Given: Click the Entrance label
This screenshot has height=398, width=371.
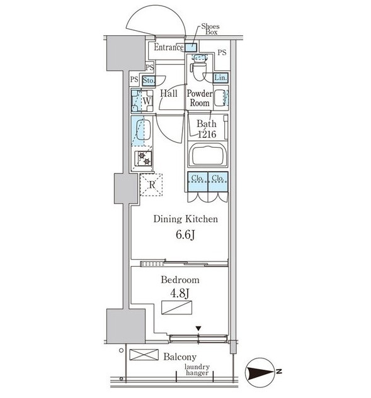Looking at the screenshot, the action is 169,47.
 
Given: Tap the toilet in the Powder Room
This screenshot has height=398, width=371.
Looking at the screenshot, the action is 199,67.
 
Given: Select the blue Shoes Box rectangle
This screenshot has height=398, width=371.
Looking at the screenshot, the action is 190,47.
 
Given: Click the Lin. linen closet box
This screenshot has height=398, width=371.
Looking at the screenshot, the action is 220,78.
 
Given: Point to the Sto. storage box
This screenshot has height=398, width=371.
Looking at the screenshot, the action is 149,80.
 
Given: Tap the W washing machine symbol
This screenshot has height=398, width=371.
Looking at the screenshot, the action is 142,101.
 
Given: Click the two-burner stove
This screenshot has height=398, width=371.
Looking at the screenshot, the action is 144,158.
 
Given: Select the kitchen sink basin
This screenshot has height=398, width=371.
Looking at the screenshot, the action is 144,130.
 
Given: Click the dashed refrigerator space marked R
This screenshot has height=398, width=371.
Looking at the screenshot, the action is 151,184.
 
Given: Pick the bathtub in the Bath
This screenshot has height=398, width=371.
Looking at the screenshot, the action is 208,155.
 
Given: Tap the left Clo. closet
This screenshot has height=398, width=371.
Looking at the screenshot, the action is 198,182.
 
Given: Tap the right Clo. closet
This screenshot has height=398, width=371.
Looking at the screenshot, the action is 218,182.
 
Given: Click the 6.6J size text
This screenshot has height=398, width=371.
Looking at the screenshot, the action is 185,235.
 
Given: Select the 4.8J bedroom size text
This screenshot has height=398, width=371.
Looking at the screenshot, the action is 180,293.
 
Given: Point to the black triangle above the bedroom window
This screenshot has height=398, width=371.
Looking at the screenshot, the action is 198,329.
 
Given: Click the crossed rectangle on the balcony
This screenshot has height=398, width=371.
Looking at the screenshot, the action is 144,355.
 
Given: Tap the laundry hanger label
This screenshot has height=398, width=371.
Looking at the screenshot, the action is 197,370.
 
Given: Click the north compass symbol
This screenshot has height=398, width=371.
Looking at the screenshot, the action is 261,372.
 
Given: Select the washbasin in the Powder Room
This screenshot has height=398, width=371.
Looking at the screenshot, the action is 219,97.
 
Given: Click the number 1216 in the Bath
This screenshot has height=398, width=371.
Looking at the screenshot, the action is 207,134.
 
